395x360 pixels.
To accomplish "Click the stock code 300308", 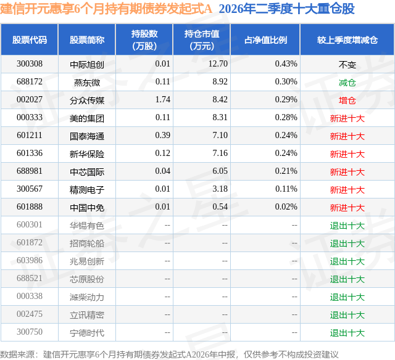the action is tap(30, 64).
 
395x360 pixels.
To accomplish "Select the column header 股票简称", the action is tap(87, 40).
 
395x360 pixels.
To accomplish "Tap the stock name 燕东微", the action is tap(87, 82).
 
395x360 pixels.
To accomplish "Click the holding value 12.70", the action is tap(218, 64).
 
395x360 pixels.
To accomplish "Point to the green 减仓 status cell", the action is tap(347, 82).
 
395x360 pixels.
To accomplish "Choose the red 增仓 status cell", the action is tap(347, 100).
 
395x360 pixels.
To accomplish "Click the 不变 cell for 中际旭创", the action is tap(347, 64).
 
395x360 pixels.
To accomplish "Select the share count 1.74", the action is tap(163, 100).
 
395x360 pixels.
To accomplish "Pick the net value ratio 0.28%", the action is tap(286, 118).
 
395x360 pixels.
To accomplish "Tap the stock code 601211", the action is tap(30, 136).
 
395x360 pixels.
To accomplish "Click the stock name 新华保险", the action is tap(87, 153).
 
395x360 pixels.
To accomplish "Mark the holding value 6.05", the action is tap(220, 171).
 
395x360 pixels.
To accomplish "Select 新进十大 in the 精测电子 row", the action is tap(347, 189).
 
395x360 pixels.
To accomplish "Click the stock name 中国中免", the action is tap(87, 207).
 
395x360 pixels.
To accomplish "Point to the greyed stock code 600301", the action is tap(30, 224).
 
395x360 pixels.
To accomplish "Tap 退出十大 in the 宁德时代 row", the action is tap(347, 332).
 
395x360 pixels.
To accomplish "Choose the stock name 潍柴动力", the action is tap(87, 297).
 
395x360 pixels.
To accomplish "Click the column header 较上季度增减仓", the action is tap(347, 40).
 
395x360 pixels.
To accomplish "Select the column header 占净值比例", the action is tap(265, 40).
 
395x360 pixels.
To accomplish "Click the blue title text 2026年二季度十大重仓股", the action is tap(286, 9).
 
